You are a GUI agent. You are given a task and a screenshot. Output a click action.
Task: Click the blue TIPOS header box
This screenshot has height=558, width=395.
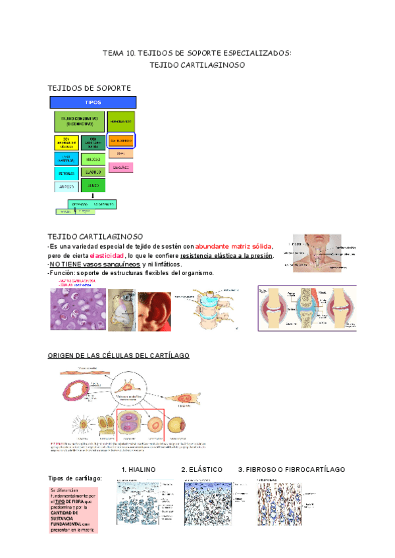[x=93, y=103]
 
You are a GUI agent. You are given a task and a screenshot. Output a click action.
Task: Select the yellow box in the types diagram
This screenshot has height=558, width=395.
[x=66, y=143]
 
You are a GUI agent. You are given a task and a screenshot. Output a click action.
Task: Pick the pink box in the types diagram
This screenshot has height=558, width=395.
[x=120, y=168]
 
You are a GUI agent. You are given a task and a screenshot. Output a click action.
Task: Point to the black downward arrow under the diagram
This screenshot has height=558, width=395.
[x=93, y=195]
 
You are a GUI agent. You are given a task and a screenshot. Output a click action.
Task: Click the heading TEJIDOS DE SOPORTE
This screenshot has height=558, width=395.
[x=90, y=88]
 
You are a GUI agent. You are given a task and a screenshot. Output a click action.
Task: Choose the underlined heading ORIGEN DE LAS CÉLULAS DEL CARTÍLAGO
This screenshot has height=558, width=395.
[x=118, y=355]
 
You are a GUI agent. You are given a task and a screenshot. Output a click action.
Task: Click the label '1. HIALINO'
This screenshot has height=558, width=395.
[x=138, y=469]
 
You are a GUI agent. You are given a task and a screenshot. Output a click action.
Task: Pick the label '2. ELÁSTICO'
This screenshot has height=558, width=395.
[x=201, y=469]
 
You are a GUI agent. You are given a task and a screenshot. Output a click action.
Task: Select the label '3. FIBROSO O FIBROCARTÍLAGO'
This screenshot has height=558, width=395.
[x=292, y=469]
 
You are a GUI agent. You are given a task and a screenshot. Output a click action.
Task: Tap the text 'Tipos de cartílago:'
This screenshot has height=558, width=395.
[x=75, y=478]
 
